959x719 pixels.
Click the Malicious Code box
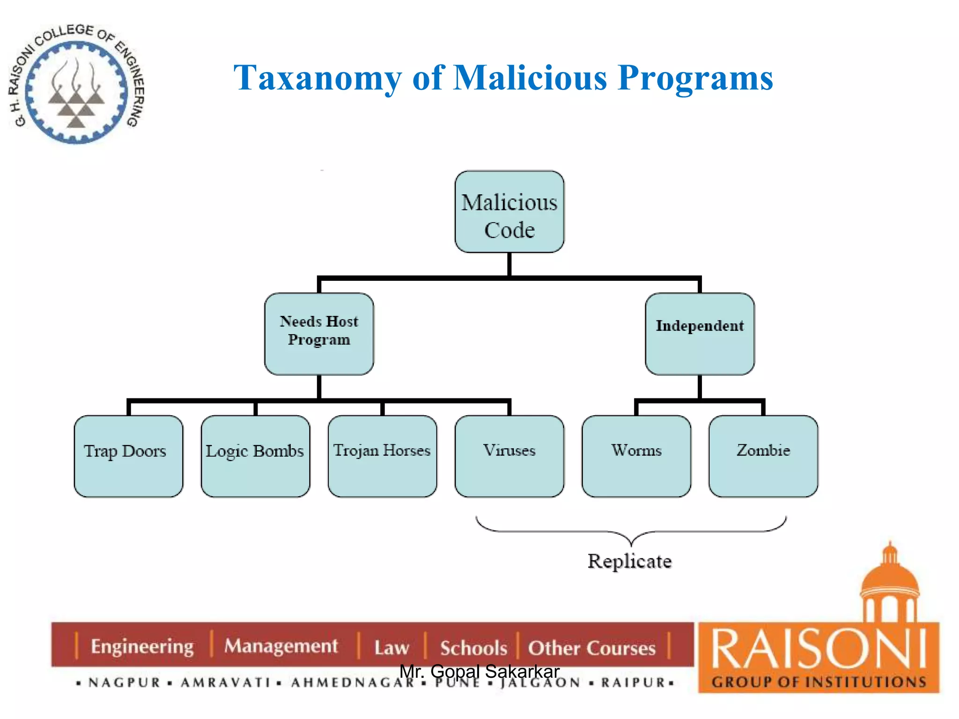click(509, 212)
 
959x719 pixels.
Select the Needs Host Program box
click(319, 334)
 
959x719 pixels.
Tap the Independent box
click(700, 334)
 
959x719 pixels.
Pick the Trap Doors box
click(128, 456)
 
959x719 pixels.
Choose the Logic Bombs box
click(255, 456)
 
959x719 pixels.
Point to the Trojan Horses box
click(382, 456)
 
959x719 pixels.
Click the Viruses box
click(509, 456)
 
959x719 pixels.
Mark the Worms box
click(636, 456)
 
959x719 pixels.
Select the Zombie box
click(763, 456)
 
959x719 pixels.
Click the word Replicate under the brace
click(629, 561)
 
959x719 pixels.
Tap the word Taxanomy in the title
click(317, 78)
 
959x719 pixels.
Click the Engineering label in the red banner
click(142, 646)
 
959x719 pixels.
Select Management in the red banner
click(281, 646)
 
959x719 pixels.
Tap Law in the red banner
click(391, 648)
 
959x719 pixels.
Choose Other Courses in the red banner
click(591, 648)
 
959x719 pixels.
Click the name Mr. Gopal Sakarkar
click(479, 672)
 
